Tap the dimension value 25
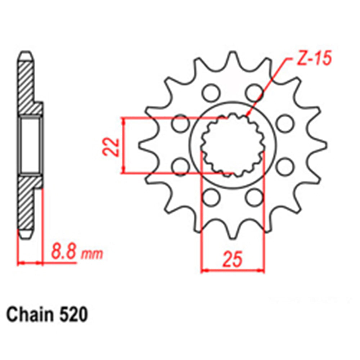click(232, 260)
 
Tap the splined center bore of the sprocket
click(233, 146)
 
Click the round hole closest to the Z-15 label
click(254, 93)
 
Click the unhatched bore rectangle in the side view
click(30, 146)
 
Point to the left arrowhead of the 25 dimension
click(203, 270)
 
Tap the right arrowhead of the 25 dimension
click(263, 270)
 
